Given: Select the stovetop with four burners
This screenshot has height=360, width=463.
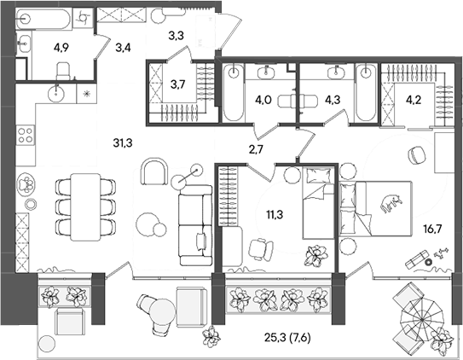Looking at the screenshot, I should [x=25, y=135].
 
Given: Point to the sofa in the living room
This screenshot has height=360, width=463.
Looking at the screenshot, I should [x=194, y=225].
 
